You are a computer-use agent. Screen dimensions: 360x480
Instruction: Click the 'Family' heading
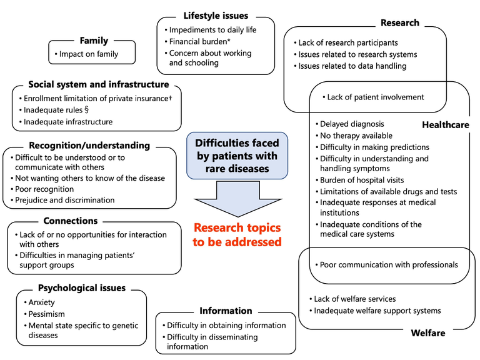(94, 41)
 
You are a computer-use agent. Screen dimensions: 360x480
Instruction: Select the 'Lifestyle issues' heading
(216, 16)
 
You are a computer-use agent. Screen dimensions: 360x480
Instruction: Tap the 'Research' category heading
(400, 23)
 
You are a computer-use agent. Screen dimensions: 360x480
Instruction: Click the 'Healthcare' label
(446, 125)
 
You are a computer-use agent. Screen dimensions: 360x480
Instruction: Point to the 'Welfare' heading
(428, 333)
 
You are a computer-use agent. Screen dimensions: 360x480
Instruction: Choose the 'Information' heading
(226, 311)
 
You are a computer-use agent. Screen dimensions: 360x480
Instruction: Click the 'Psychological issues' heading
(82, 288)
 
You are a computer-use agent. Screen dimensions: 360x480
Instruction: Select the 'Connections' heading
(71, 221)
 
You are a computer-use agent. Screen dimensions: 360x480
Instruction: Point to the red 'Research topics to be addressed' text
(237, 234)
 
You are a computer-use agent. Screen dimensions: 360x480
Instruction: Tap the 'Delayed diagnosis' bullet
(352, 124)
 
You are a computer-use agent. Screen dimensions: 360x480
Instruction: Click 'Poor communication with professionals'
(388, 264)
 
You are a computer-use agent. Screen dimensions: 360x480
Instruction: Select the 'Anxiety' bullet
(46, 302)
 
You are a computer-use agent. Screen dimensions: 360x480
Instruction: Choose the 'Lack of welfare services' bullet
(354, 299)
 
